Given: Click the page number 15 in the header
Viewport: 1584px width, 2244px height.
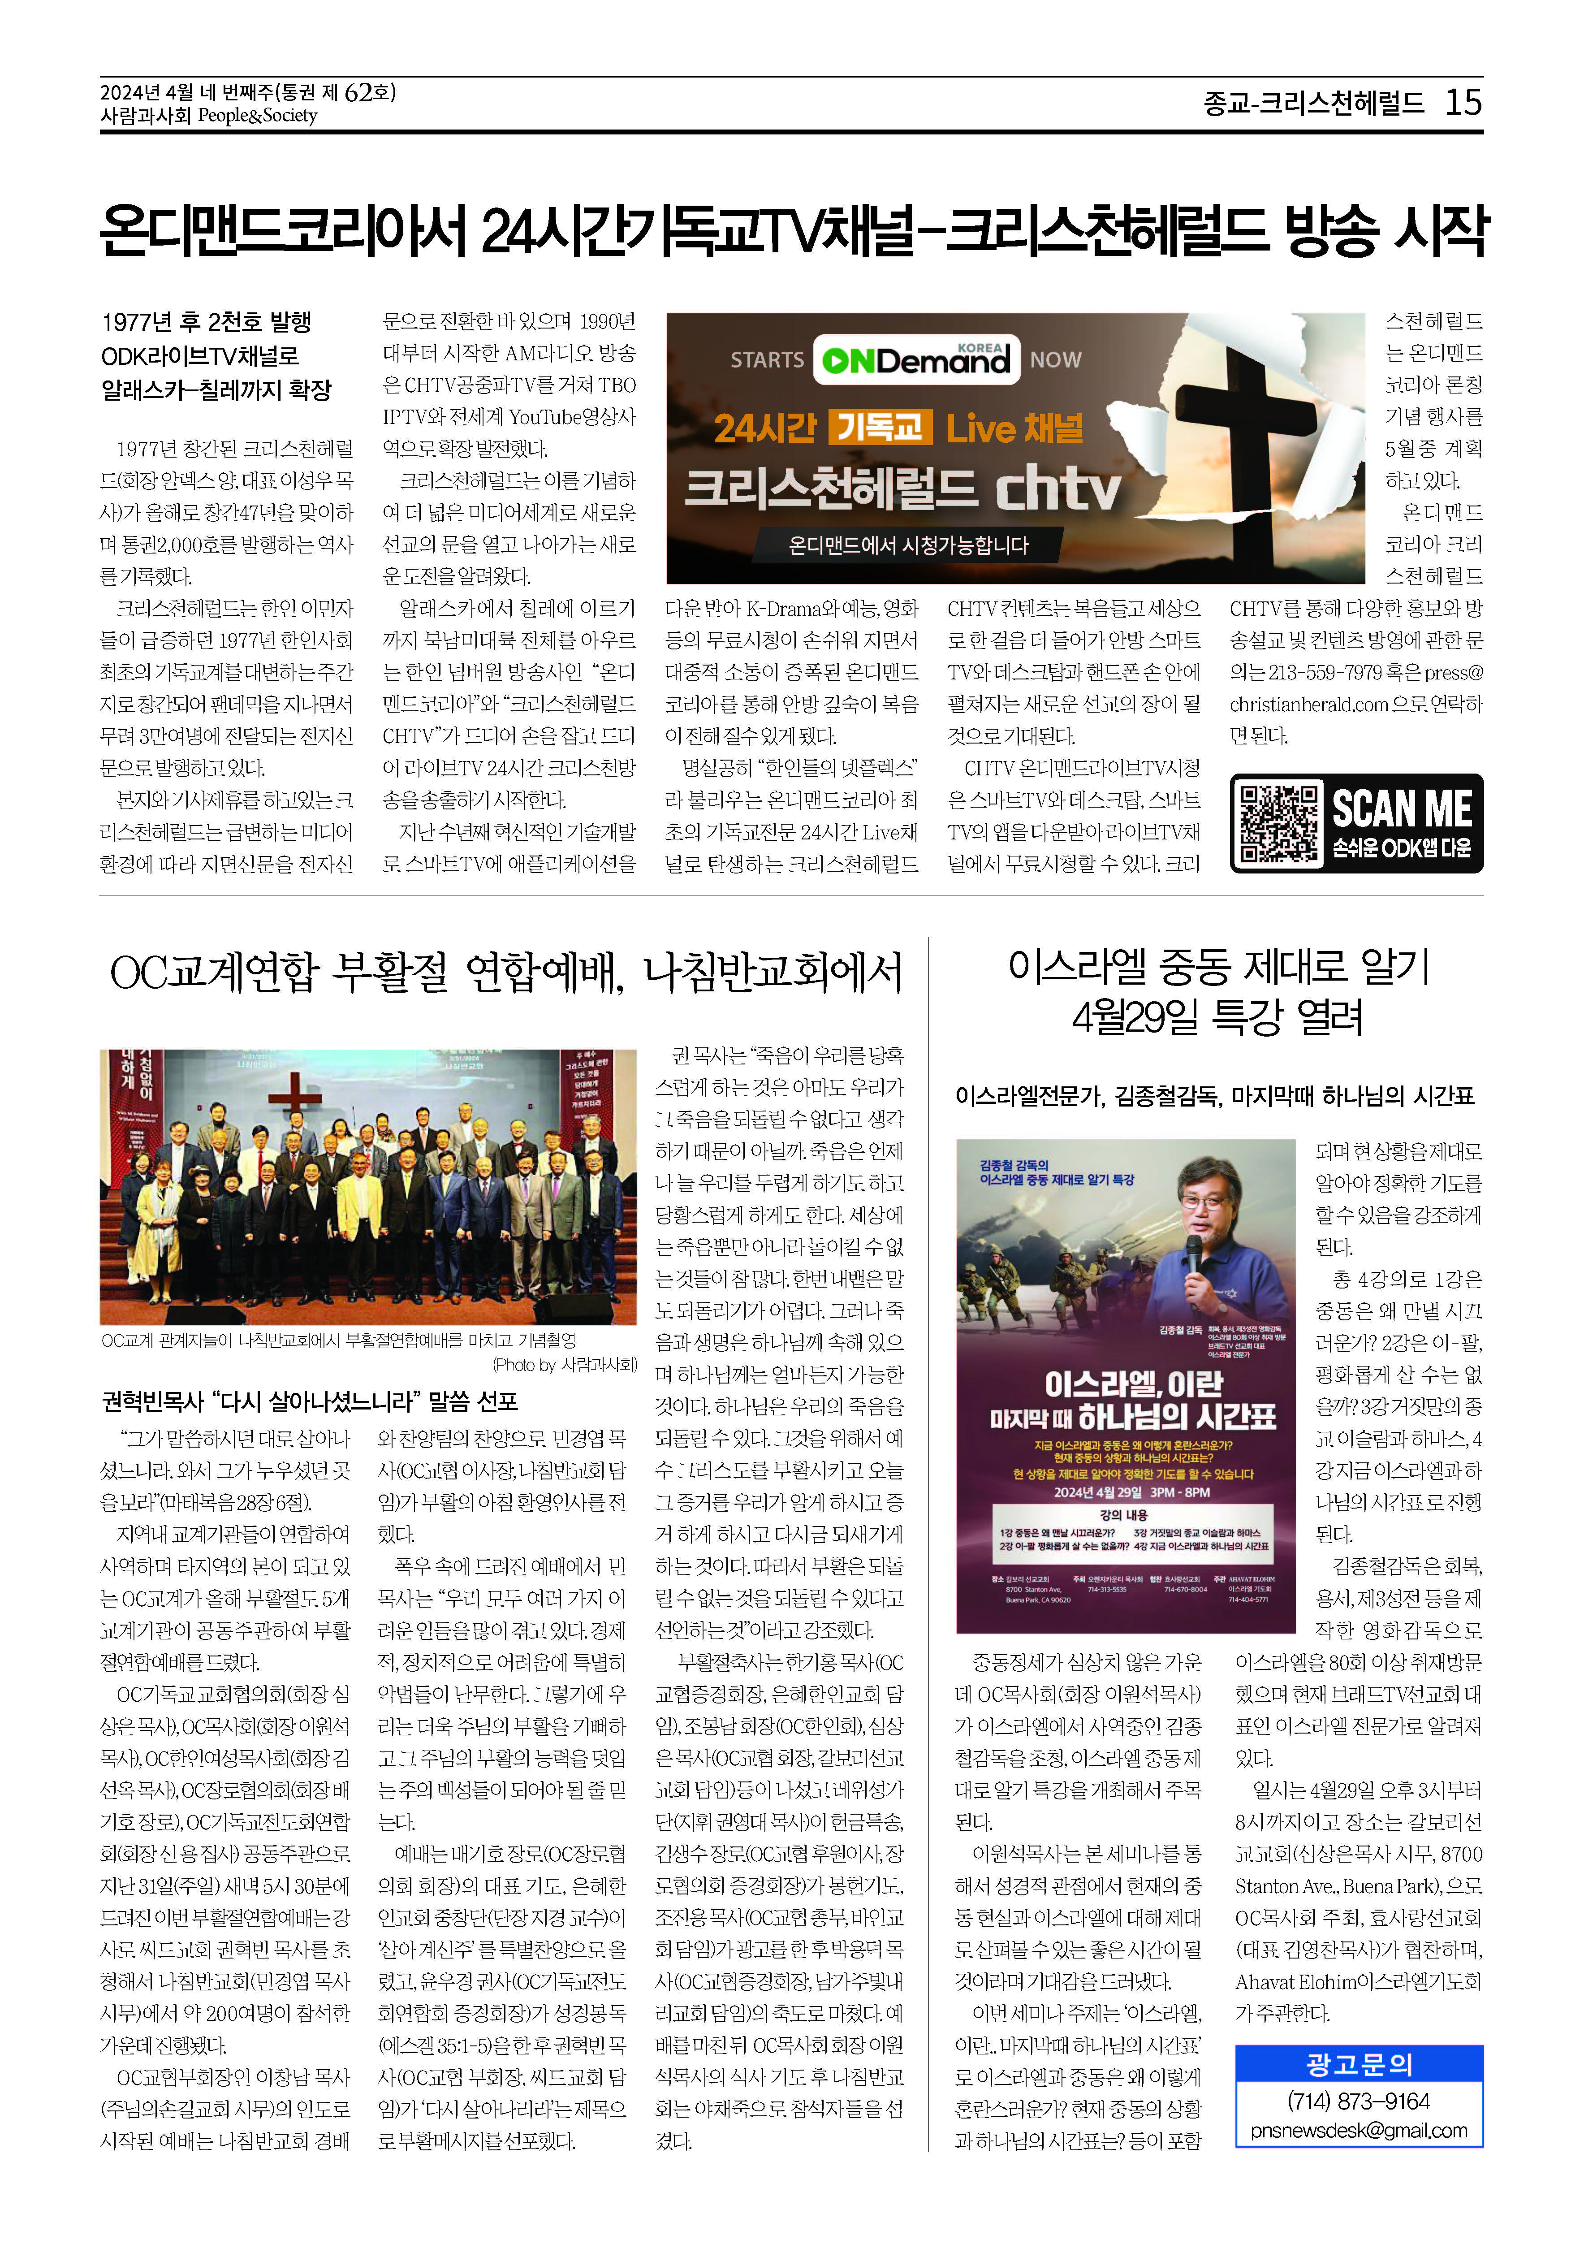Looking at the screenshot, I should click(1463, 102).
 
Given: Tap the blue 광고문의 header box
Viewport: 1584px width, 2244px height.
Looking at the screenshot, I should click(1358, 2064).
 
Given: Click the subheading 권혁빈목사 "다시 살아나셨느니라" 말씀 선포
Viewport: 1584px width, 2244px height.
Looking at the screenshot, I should click(310, 1401).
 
